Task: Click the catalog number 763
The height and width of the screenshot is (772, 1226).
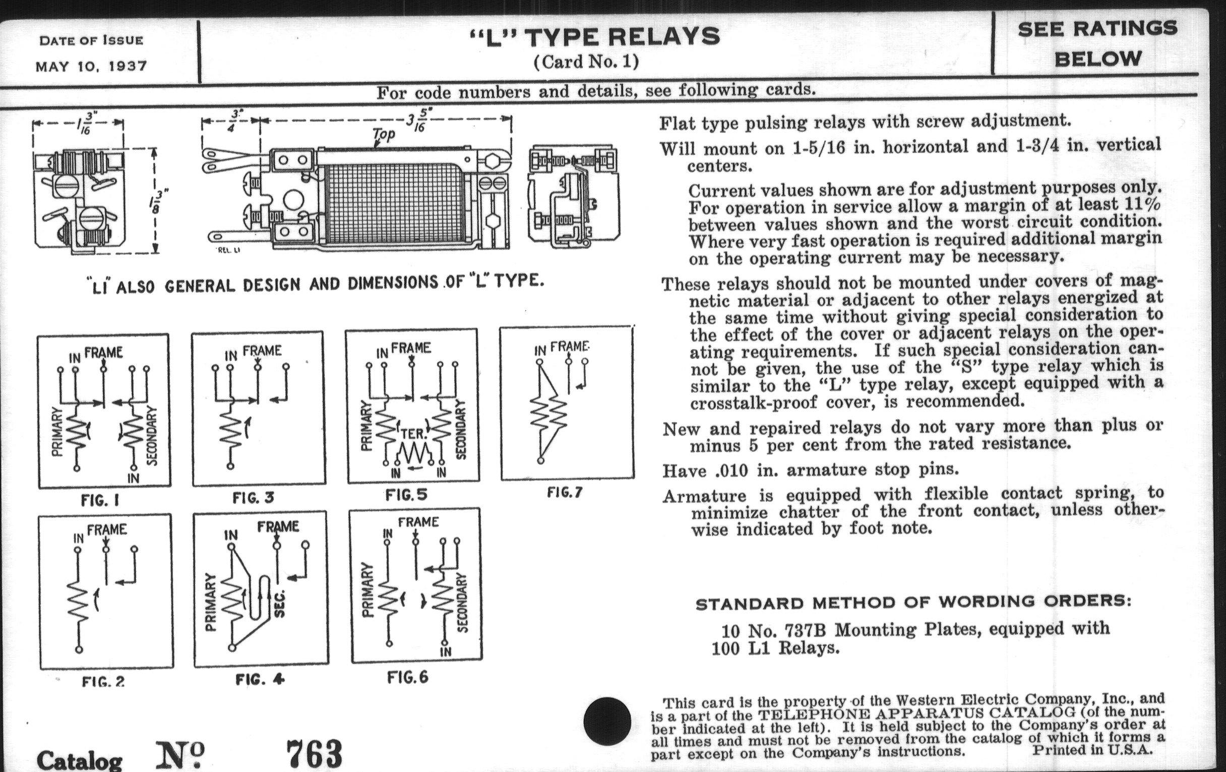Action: [314, 754]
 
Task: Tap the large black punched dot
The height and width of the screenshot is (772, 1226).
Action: [607, 721]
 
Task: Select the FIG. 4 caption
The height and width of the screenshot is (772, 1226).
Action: [260, 679]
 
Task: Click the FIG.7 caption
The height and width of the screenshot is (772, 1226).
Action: [565, 492]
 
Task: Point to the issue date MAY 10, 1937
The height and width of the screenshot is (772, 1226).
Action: [91, 66]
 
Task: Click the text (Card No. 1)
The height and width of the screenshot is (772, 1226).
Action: [586, 62]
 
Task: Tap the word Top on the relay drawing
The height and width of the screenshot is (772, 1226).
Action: [384, 134]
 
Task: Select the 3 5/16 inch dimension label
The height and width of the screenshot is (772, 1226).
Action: [415, 121]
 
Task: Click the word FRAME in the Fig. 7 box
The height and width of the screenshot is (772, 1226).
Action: [570, 347]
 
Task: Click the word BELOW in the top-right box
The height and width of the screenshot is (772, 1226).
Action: [1097, 59]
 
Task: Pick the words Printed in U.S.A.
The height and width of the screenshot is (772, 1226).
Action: [1092, 750]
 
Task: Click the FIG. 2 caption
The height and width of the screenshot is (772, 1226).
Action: [103, 681]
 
